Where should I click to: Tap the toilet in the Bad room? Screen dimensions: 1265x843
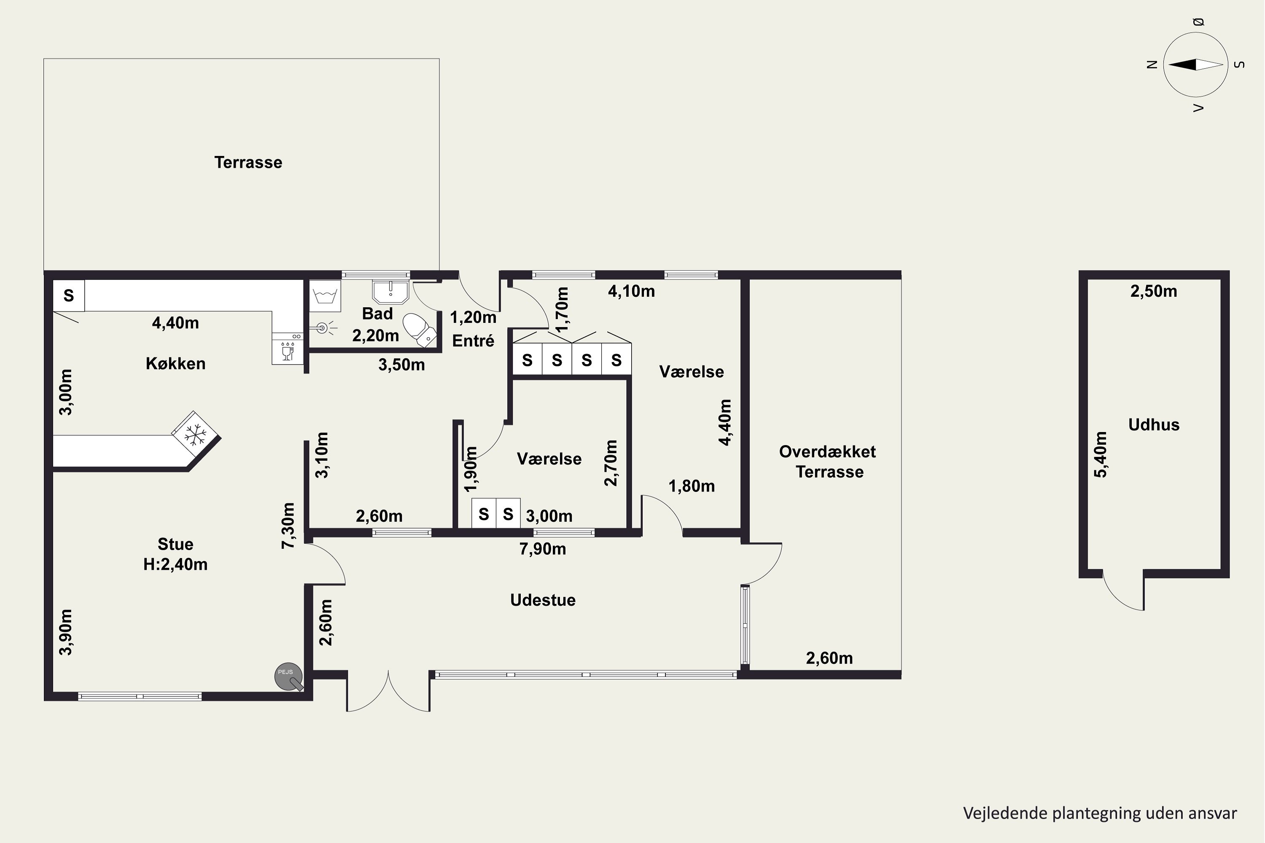420,330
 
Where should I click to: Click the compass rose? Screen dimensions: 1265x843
1195,64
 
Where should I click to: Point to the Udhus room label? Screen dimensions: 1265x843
1154,425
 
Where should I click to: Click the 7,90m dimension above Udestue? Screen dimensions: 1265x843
543,549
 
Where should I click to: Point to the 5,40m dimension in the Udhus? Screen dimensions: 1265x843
1101,454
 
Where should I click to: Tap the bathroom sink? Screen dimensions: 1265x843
390,291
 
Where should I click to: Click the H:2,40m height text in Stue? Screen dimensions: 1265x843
175,564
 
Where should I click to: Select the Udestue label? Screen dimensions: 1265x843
543,600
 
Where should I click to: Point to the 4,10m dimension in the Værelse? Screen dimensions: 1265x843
631,291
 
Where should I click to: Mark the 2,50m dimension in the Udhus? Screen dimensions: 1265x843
1154,291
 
